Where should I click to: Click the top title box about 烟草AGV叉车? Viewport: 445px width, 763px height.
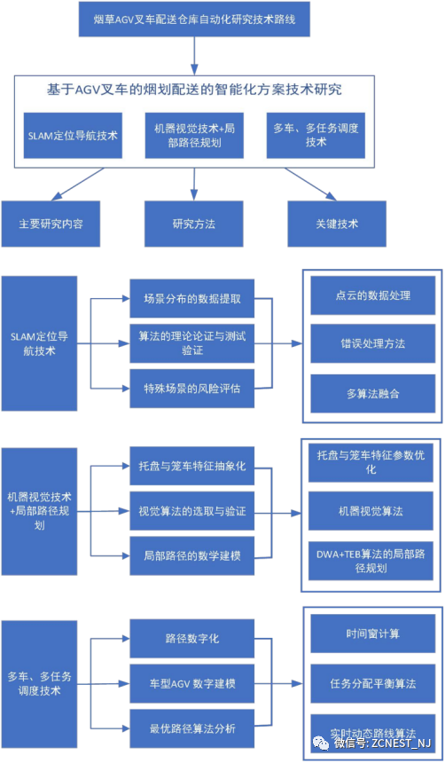point(194,20)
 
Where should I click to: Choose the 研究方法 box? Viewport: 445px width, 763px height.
point(193,224)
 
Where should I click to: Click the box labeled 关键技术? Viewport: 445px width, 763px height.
point(336,224)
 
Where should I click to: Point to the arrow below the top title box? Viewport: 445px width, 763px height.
point(194,56)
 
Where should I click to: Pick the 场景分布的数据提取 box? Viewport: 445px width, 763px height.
point(192,299)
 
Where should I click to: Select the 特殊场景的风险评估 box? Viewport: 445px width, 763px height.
point(192,389)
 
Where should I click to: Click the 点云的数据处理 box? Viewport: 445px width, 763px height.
point(372,295)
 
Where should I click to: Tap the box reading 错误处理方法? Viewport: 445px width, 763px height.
point(372,344)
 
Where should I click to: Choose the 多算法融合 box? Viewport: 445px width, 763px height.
point(372,394)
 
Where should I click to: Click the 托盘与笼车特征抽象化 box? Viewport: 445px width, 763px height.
point(192,466)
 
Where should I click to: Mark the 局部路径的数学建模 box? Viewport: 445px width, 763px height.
point(192,555)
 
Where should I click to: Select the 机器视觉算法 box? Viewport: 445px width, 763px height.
point(371,511)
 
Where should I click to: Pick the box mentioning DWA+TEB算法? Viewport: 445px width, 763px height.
point(371,561)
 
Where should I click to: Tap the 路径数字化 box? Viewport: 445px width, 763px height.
point(192,638)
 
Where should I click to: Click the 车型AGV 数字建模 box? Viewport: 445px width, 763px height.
point(192,683)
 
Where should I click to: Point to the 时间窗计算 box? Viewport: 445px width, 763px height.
point(372,633)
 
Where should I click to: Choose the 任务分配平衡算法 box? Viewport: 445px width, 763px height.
point(372,683)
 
